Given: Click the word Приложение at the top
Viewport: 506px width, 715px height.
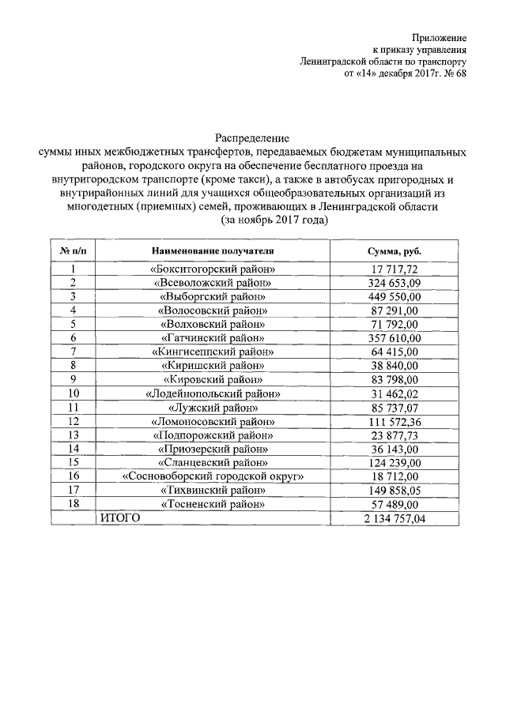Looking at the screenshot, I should [x=439, y=36].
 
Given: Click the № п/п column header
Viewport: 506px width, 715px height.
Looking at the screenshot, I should [x=73, y=251].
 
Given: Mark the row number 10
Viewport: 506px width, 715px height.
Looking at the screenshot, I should [x=73, y=393].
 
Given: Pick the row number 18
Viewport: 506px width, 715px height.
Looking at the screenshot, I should [x=73, y=503].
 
